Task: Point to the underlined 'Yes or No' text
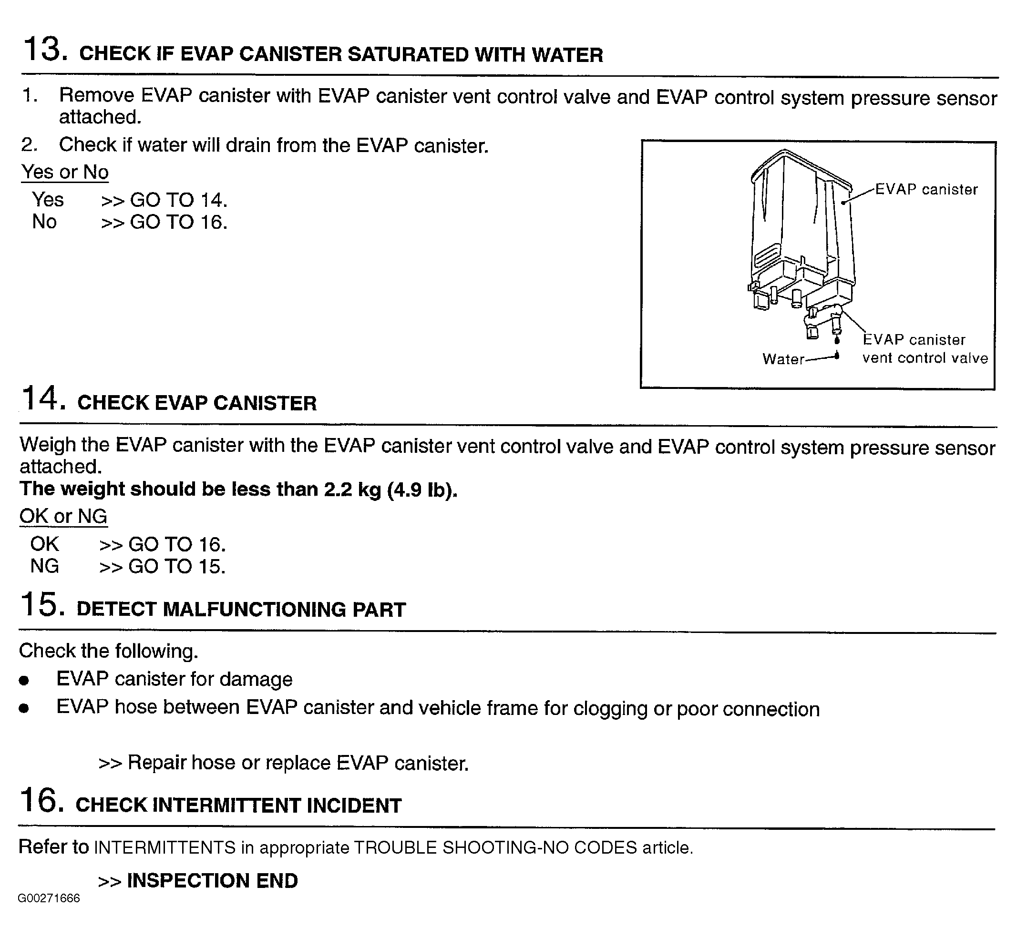(64, 172)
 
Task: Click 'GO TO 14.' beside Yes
(178, 200)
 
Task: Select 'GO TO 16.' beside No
(178, 222)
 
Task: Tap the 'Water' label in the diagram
(783, 359)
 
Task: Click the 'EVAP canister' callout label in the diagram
(926, 189)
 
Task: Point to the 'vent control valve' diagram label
(925, 358)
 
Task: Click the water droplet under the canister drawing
(837, 340)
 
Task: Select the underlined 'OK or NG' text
(63, 516)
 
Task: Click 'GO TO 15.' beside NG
(177, 566)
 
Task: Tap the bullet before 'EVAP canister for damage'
(24, 681)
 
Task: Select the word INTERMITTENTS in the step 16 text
(165, 847)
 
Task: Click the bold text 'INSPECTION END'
(212, 881)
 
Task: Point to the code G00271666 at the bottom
(49, 898)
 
